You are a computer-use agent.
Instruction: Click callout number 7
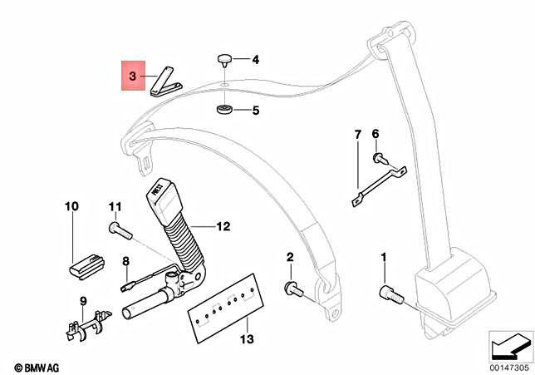click(358, 135)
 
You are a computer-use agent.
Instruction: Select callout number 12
click(223, 225)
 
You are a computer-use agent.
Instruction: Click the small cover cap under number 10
click(83, 265)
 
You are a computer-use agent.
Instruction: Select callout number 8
click(126, 261)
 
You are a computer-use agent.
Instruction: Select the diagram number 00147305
click(508, 367)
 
